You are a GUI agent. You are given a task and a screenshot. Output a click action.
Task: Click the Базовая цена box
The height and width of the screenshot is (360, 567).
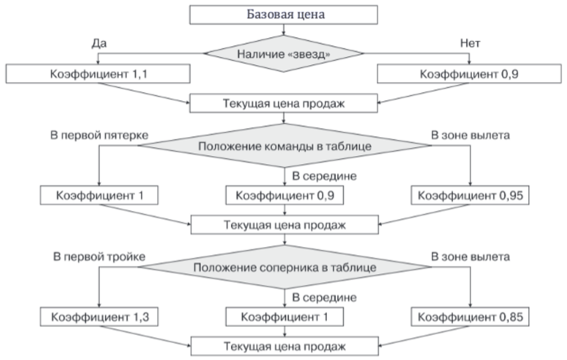285,14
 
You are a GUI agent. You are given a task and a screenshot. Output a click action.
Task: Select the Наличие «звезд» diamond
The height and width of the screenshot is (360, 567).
285,54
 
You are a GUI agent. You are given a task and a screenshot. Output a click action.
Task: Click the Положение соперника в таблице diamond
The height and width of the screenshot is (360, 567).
285,268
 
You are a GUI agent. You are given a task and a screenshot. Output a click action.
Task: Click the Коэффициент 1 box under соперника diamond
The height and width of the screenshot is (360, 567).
285,317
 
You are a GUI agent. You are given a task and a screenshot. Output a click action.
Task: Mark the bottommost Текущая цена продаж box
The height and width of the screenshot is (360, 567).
285,346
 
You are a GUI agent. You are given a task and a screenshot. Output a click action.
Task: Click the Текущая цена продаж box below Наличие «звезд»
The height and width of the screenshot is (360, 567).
285,103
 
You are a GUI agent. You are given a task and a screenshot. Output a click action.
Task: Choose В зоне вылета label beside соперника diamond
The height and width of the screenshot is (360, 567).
470,256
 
